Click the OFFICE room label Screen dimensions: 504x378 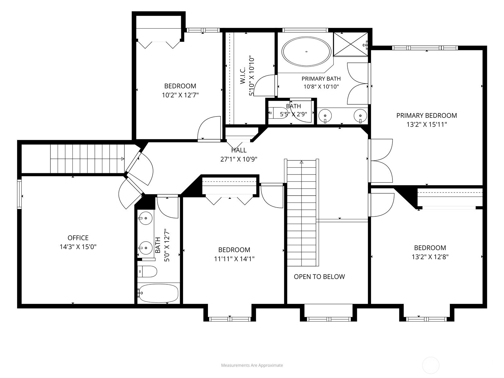pos(78,238)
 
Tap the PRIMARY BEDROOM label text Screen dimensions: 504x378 pos(427,115)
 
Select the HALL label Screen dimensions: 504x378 pos(239,150)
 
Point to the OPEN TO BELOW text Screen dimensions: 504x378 pos(319,277)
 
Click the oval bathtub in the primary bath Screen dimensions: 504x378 pos(306,52)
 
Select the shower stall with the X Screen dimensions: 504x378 pos(351,44)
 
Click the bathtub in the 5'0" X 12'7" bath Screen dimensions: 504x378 pos(158,293)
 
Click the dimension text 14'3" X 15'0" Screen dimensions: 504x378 pos(78,247)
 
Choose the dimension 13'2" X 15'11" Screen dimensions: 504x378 pos(427,125)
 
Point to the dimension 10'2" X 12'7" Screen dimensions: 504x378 pos(180,95)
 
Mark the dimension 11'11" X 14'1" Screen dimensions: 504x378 pos(234,259)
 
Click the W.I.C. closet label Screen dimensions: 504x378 pos(243,76)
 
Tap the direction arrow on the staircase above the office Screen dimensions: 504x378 pos(123,159)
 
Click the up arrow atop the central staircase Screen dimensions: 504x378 pos(301,162)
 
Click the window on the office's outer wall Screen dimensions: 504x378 pos(20,194)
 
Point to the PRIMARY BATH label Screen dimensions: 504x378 pos(321,79)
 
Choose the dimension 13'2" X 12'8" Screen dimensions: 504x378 pos(430,257)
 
